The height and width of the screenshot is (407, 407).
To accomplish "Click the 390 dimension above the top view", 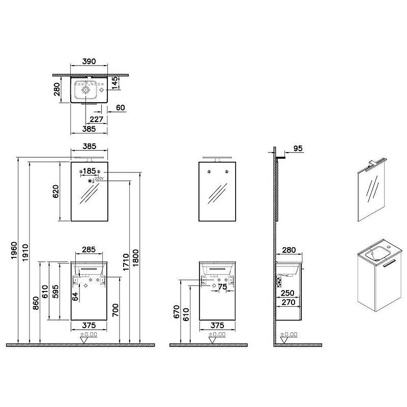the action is point(89,61).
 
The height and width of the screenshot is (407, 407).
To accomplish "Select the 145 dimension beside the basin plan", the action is point(114,83).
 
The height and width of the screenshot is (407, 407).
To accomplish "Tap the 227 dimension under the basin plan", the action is point(96,119).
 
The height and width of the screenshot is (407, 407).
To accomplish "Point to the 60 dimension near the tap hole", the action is point(121,107).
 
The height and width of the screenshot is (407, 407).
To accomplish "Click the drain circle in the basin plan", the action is point(85,90).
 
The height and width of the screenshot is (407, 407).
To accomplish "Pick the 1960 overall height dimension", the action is point(14,250).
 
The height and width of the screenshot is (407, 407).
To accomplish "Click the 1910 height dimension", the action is point(25,252).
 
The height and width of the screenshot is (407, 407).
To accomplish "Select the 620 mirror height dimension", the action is point(56,192).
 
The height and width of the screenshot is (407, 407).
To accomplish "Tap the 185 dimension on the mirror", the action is point(90,171).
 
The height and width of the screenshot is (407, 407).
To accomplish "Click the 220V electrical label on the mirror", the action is point(99,179).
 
